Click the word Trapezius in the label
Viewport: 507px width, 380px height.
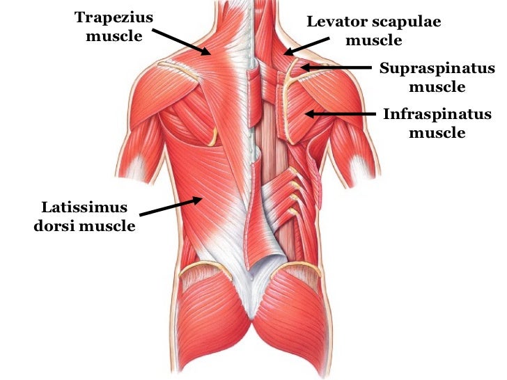click(x=114, y=17)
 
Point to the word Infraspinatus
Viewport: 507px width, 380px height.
click(x=437, y=114)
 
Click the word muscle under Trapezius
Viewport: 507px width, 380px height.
click(x=114, y=35)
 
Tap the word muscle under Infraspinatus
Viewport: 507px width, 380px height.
click(x=437, y=132)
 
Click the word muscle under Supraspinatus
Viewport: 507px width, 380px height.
click(x=437, y=87)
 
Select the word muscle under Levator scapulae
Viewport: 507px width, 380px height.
click(x=374, y=40)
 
